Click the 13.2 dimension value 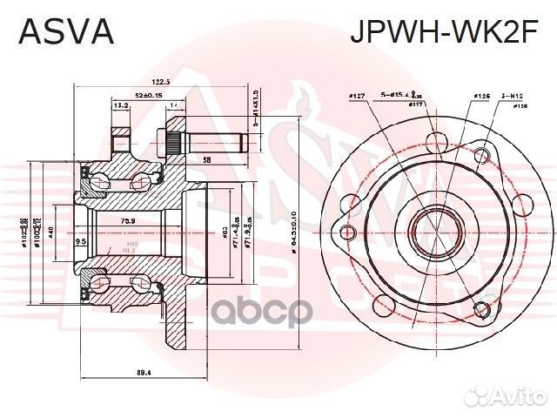pos(120,106)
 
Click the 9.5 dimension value pos(81,241)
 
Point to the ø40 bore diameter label pos(51,233)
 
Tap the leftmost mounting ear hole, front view pos(347,233)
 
